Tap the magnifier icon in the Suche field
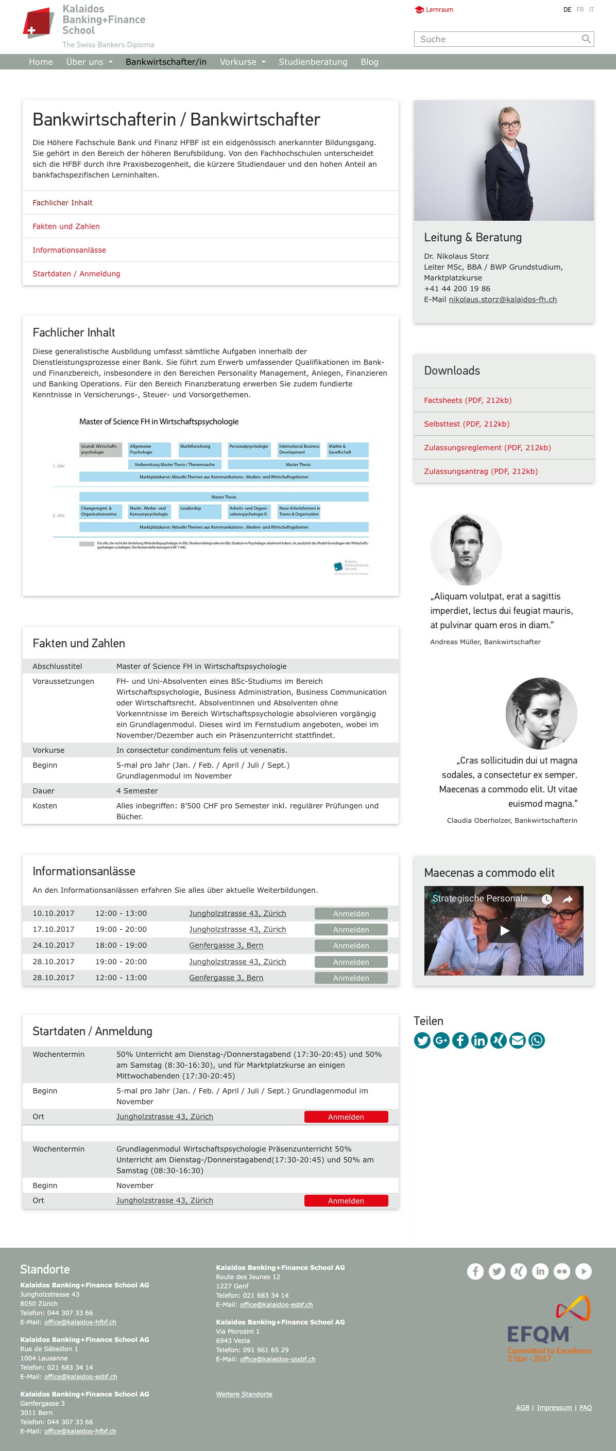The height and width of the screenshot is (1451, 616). point(586,39)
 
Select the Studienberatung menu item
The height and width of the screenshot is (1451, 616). point(313,62)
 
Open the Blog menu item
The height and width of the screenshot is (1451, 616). point(370,62)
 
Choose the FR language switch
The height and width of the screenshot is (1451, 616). point(580,10)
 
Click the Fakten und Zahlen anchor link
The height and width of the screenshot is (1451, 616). point(66,226)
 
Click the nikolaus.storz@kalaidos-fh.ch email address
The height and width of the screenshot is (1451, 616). point(502,299)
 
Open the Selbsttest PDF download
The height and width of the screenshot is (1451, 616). point(467,424)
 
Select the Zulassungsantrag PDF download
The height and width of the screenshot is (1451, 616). point(481,471)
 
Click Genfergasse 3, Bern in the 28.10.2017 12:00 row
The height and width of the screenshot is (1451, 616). point(226,978)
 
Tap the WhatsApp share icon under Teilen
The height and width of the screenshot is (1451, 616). point(537,1040)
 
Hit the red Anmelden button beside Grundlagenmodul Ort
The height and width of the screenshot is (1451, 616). point(346,1201)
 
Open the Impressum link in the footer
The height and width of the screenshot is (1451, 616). point(554,1408)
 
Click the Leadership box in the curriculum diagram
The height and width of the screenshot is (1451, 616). point(200,511)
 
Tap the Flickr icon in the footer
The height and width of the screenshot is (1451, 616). point(562,1271)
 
